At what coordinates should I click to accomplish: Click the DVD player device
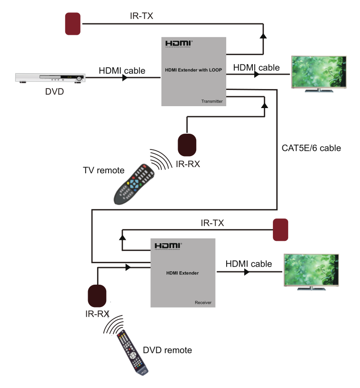point(50,78)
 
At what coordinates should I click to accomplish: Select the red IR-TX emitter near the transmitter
point(73,24)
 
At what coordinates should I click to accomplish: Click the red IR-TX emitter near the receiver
point(280,230)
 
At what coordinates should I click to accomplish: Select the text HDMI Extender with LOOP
point(194,70)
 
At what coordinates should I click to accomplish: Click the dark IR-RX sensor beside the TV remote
point(187,145)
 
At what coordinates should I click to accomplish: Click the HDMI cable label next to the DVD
point(122,71)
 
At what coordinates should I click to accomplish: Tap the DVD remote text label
point(167,350)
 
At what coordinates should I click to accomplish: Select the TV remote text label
point(103,170)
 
